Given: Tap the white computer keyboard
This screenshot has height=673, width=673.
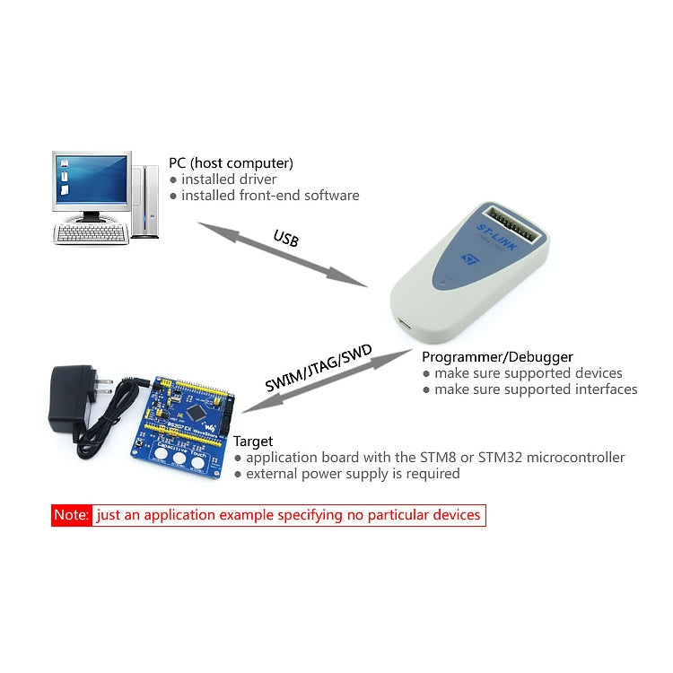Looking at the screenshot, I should pos(91,233).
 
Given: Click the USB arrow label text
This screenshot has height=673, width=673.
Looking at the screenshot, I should pos(285,240).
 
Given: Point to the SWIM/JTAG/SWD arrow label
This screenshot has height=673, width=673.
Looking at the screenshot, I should pos(319,369).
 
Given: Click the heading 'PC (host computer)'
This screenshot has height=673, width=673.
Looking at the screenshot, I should pos(231,163).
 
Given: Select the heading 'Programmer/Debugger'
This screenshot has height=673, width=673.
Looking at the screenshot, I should pos(497,357).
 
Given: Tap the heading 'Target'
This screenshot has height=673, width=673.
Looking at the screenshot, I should pos(253,441).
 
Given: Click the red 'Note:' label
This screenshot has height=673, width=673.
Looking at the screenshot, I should pos(72,515).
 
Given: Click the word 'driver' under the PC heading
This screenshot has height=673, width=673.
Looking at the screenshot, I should pos(257,179).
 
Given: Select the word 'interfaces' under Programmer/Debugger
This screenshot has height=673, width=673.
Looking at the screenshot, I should pos(603,389).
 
